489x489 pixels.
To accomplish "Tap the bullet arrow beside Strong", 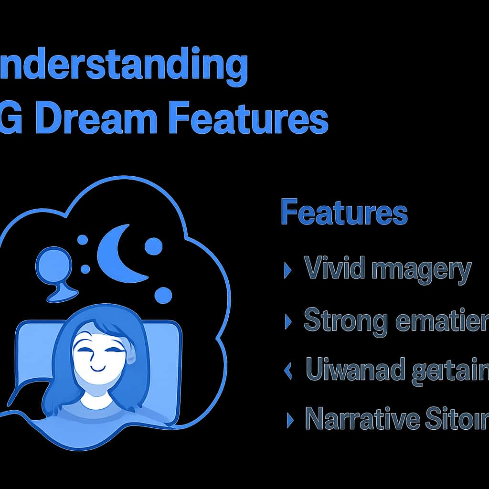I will [x=287, y=321].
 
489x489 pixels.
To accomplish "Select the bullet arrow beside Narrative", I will [x=288, y=419].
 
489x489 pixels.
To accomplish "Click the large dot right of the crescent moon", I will [x=153, y=246].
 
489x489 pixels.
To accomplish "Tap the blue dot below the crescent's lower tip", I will [x=163, y=295].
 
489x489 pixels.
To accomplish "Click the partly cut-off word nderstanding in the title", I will [x=124, y=67].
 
